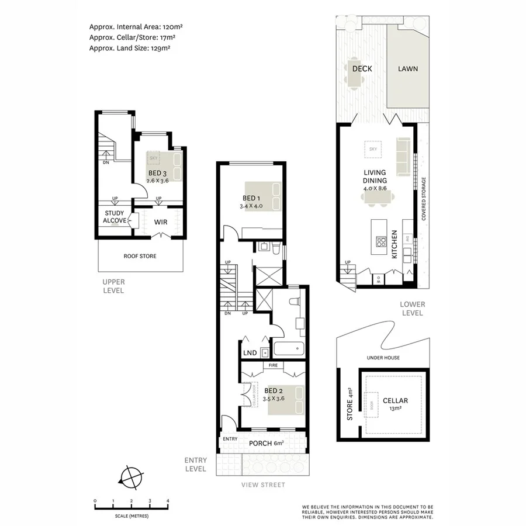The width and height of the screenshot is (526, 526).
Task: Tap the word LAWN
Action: tap(408, 69)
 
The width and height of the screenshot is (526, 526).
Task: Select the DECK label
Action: tap(362, 69)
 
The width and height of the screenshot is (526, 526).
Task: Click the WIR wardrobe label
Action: tap(161, 222)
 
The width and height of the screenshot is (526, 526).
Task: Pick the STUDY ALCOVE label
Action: tap(115, 217)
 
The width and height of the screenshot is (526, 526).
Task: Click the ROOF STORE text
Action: tap(140, 256)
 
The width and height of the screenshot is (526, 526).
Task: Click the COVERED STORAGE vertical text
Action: tap(423, 199)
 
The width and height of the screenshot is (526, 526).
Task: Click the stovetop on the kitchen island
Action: tap(380, 241)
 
